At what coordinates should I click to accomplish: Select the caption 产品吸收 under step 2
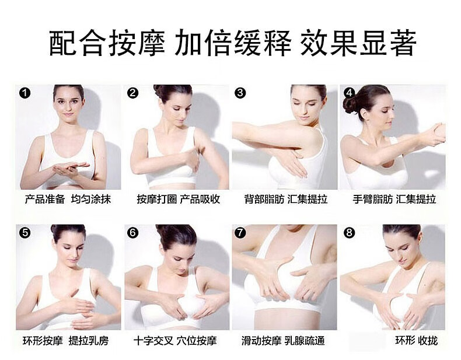201,200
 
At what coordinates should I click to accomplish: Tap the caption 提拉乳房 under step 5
89,340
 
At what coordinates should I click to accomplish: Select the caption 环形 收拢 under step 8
416,340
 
